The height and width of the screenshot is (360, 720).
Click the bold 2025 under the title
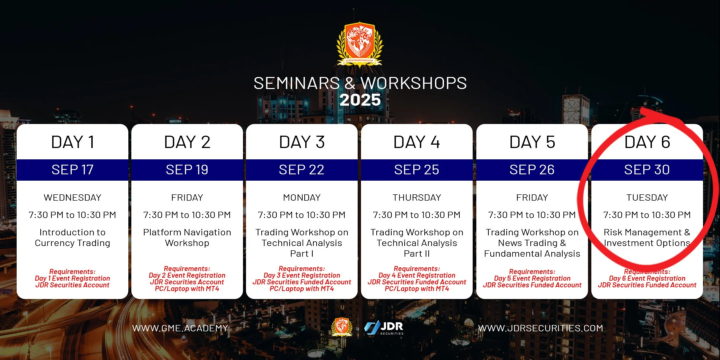(x=360, y=100)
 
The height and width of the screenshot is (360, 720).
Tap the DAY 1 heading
(x=72, y=142)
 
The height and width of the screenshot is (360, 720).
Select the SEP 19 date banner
(x=187, y=170)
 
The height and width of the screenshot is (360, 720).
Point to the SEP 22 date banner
(x=302, y=170)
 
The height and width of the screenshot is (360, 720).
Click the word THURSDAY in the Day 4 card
(x=417, y=198)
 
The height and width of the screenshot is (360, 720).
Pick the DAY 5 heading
(x=532, y=142)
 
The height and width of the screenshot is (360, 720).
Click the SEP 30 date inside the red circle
(x=647, y=170)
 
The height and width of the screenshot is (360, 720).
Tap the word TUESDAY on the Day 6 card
(x=647, y=198)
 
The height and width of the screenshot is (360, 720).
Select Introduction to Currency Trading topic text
(x=72, y=238)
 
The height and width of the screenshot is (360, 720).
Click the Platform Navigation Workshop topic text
(x=187, y=238)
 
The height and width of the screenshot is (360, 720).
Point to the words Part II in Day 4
(x=417, y=254)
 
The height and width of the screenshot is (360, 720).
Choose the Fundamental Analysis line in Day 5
(x=532, y=254)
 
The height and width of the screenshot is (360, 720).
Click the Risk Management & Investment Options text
(x=647, y=238)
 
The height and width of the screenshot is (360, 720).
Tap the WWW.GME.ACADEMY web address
(x=180, y=328)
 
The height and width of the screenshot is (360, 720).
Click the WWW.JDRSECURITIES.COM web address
(x=541, y=328)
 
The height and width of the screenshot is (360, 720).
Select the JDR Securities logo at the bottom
(x=384, y=328)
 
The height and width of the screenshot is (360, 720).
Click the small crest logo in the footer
(x=342, y=327)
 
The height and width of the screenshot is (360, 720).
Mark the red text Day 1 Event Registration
(x=72, y=278)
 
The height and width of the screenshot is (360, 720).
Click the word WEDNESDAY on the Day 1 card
(x=72, y=198)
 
